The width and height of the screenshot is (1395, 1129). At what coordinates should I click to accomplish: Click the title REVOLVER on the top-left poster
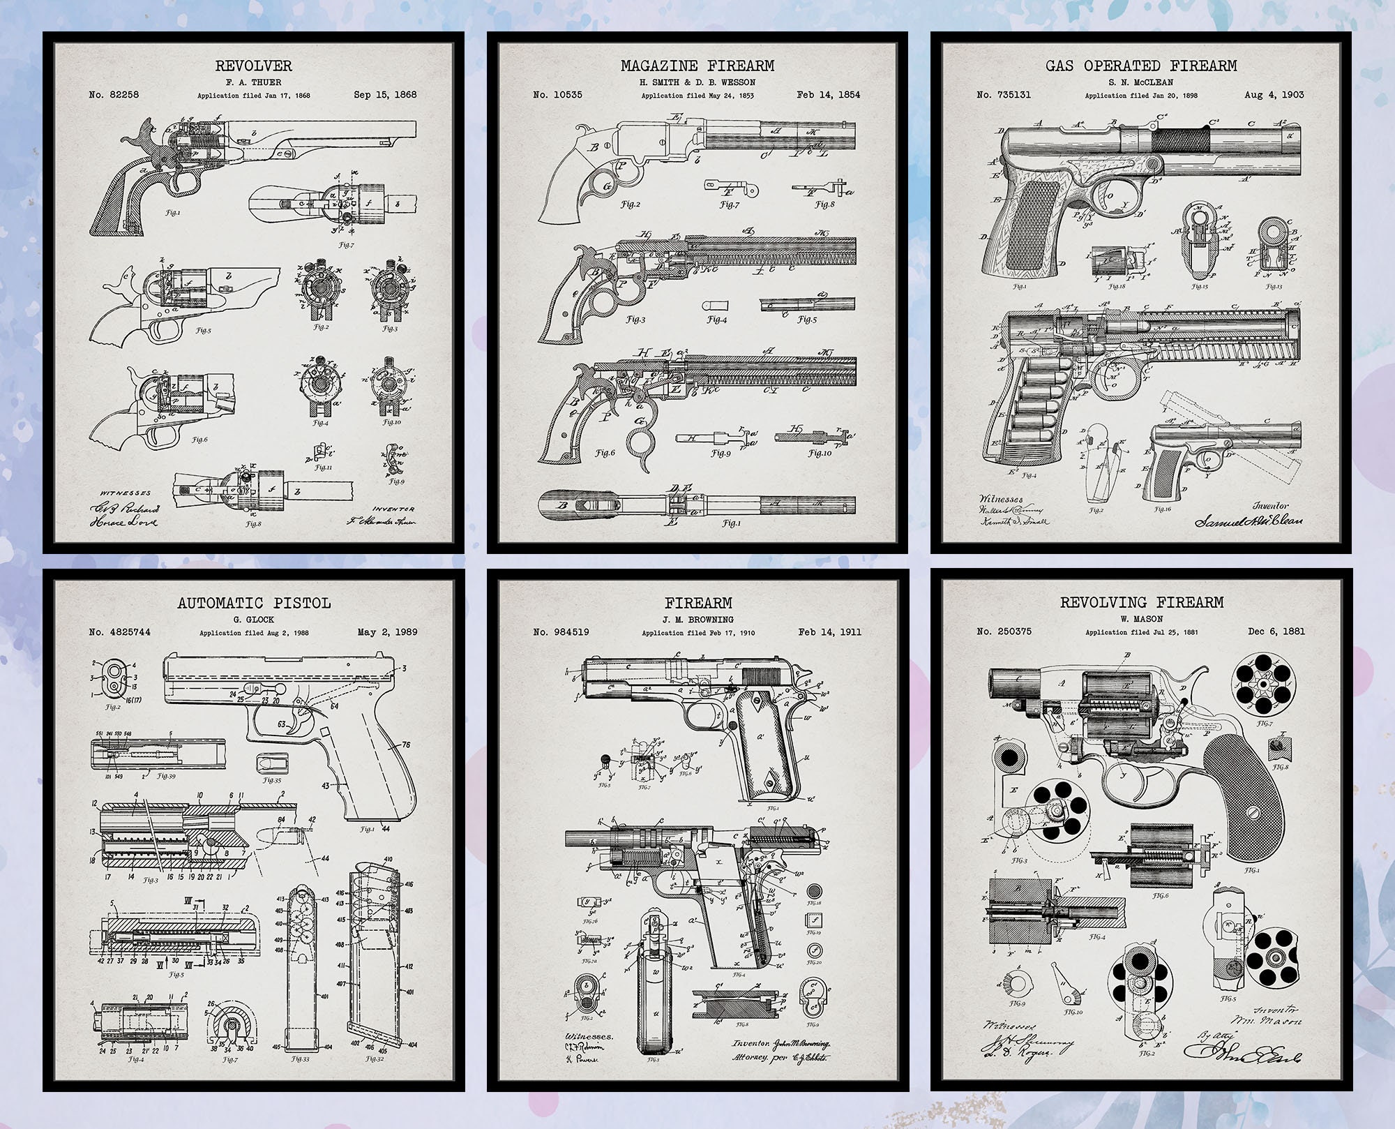tap(253, 66)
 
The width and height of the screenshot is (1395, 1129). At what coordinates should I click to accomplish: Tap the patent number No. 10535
tap(557, 95)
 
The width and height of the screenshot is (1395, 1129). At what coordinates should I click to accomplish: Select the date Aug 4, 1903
tap(1274, 95)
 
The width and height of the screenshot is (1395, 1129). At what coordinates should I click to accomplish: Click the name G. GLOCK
tap(253, 619)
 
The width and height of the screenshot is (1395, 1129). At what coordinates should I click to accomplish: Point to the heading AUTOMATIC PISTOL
tap(253, 603)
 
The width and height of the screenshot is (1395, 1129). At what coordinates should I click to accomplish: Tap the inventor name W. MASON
tap(1142, 618)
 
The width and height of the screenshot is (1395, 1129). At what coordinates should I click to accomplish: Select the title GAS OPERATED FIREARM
tap(1140, 66)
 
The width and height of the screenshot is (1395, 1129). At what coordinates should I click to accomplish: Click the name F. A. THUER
tap(253, 82)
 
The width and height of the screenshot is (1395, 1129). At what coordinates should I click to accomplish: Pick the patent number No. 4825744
tap(119, 632)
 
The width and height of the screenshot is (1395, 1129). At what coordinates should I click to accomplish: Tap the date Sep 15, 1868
tap(385, 95)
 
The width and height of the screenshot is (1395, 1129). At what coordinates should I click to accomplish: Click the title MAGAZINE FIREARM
tap(697, 66)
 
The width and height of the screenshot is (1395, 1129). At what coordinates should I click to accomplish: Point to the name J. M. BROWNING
tap(697, 619)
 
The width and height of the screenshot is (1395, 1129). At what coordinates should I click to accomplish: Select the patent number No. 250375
tap(1004, 631)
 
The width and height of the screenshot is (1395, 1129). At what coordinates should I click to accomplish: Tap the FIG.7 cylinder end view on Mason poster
tap(1264, 688)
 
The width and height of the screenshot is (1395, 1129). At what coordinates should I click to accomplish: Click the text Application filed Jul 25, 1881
tap(1141, 632)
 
